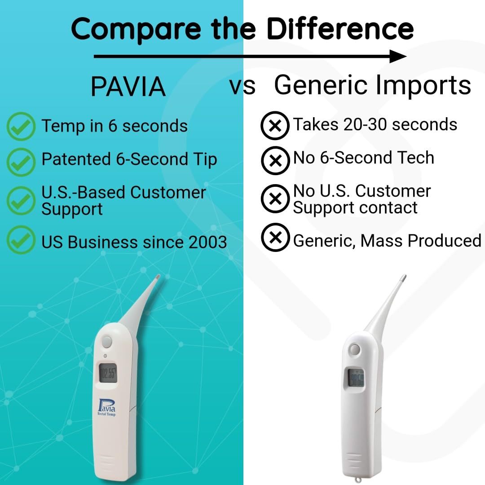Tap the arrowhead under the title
pyautogui.click(x=398, y=57)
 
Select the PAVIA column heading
pyautogui.click(x=128, y=87)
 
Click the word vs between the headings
pyautogui.click(x=242, y=86)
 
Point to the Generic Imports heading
pyautogui.click(x=372, y=85)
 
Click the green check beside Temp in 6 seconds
pyautogui.click(x=21, y=127)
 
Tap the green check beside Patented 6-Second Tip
pyautogui.click(x=21, y=161)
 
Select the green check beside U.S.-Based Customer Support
pyautogui.click(x=21, y=201)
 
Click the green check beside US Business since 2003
pyautogui.click(x=21, y=240)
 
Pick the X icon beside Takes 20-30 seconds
pyautogui.click(x=275, y=125)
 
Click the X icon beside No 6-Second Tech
pyautogui.click(x=275, y=160)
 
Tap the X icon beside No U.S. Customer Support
pyautogui.click(x=275, y=198)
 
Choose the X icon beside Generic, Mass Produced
pyautogui.click(x=275, y=238)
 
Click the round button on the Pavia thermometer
pyautogui.click(x=107, y=342)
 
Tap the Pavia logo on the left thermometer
pyautogui.click(x=106, y=408)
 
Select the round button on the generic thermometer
pyautogui.click(x=354, y=349)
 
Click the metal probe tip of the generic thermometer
pyautogui.click(x=403, y=279)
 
